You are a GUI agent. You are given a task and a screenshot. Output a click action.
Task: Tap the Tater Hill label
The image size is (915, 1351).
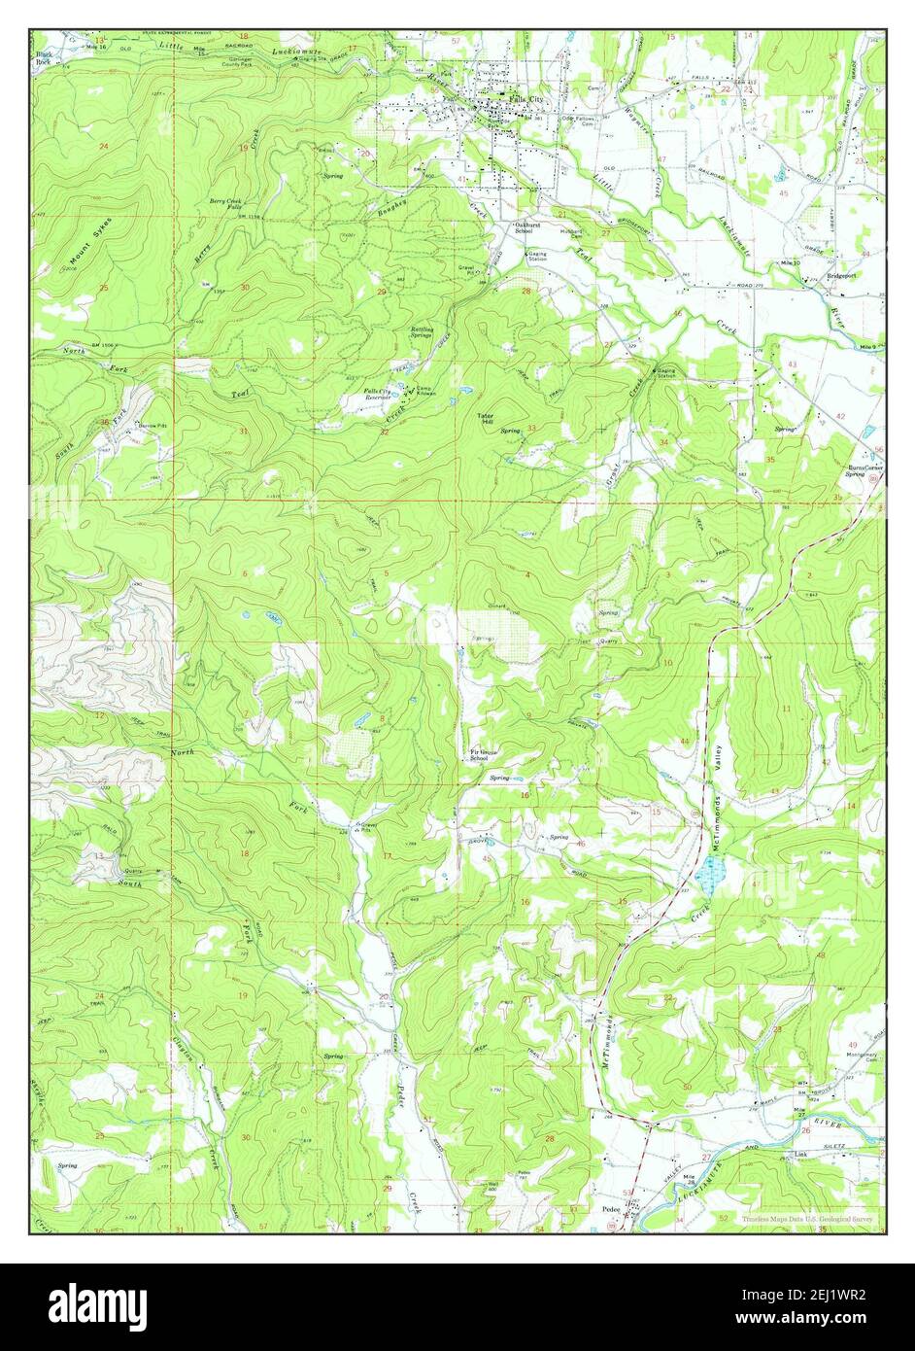click(486, 420)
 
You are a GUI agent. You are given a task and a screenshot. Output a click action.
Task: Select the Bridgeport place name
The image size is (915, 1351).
click(841, 275)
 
